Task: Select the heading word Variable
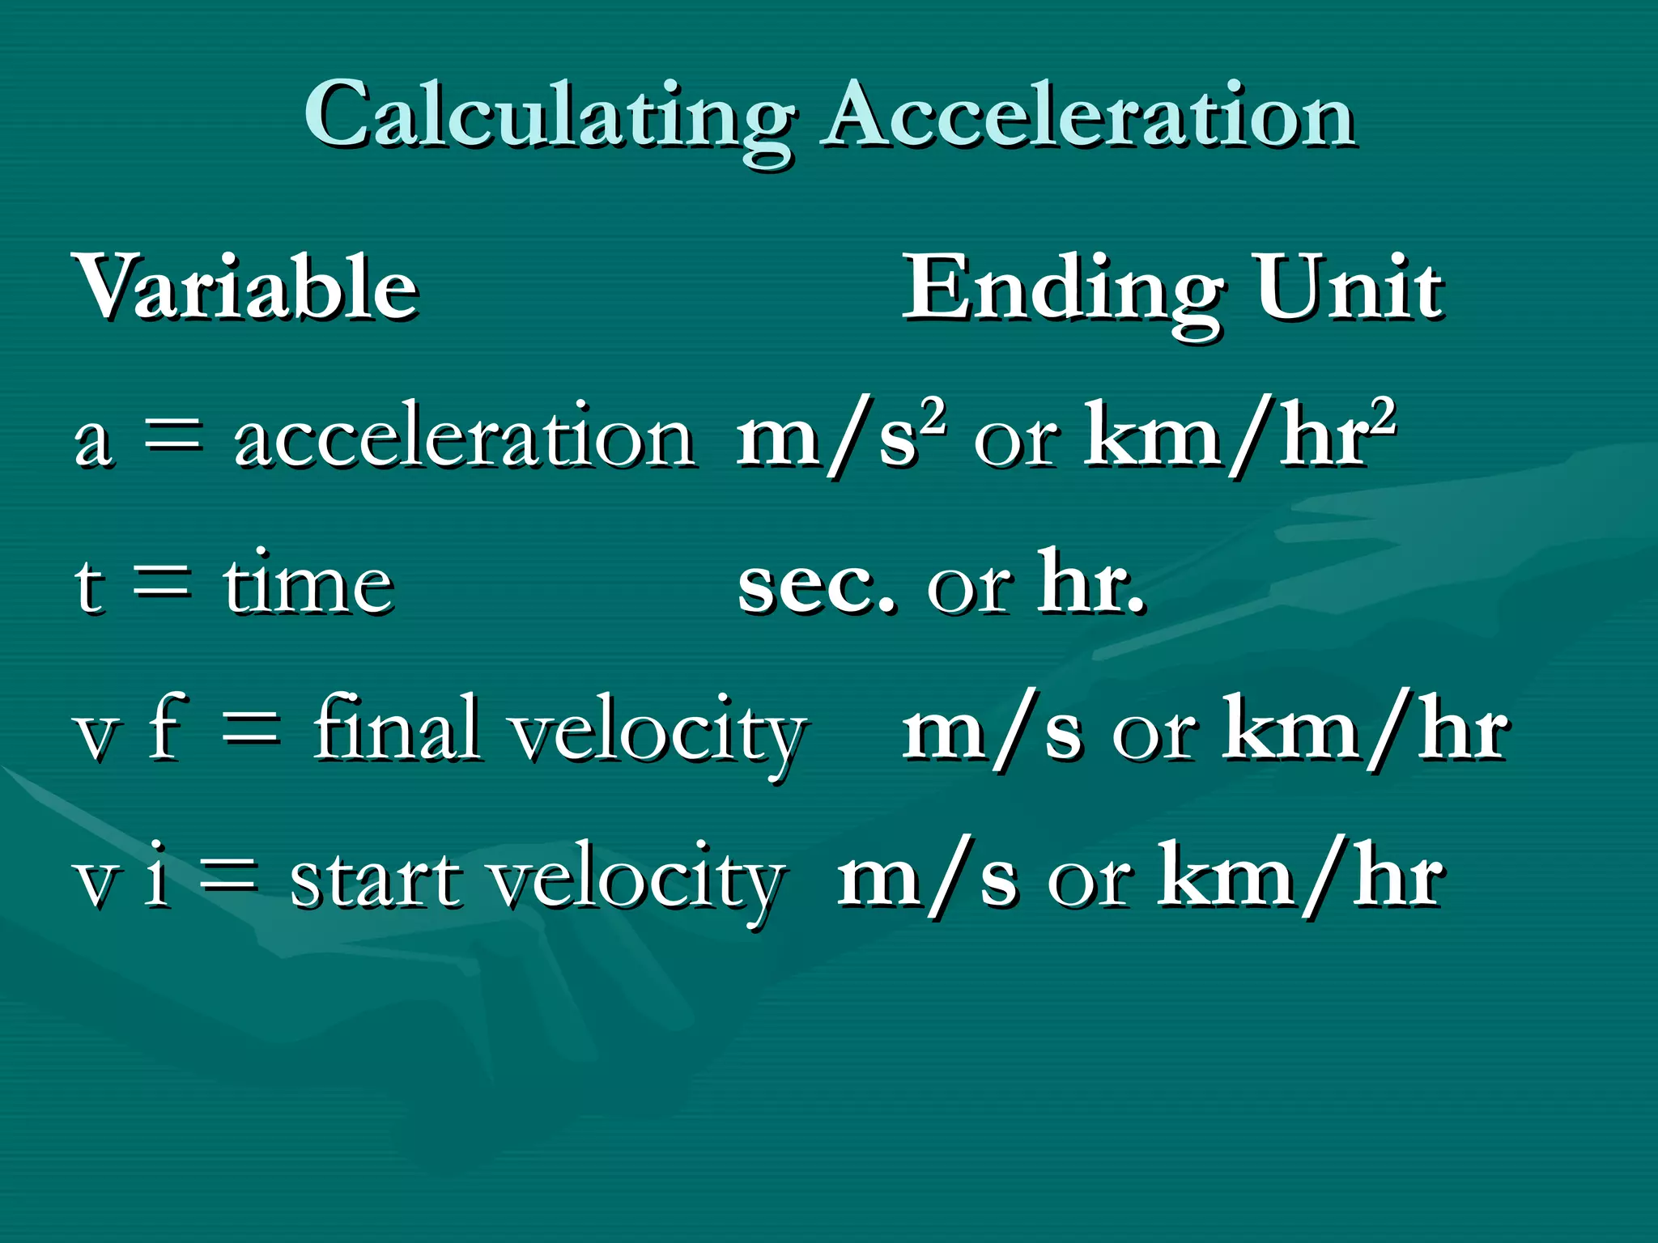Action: pyautogui.click(x=246, y=287)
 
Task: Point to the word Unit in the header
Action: pyautogui.click(x=1349, y=287)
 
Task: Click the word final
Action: pyautogui.click(x=397, y=728)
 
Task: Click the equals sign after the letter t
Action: pyautogui.click(x=163, y=583)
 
